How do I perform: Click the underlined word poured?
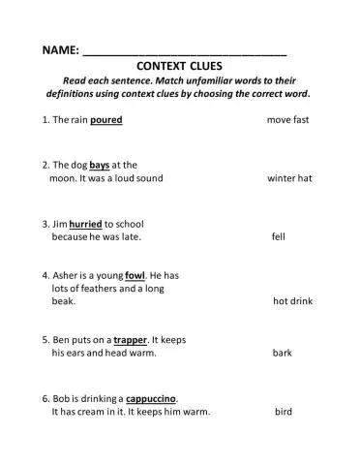pyautogui.click(x=106, y=120)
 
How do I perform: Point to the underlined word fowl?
pyautogui.click(x=135, y=275)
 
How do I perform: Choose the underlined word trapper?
pyautogui.click(x=130, y=340)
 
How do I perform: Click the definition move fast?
pyautogui.click(x=287, y=120)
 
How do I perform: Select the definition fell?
pyautogui.click(x=279, y=235)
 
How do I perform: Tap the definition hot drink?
pyautogui.click(x=292, y=301)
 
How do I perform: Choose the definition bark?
pyautogui.click(x=282, y=354)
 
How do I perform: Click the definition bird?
pyautogui.click(x=283, y=412)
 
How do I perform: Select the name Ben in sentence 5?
pyautogui.click(x=61, y=340)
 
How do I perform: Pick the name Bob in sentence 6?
pyautogui.click(x=61, y=398)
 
